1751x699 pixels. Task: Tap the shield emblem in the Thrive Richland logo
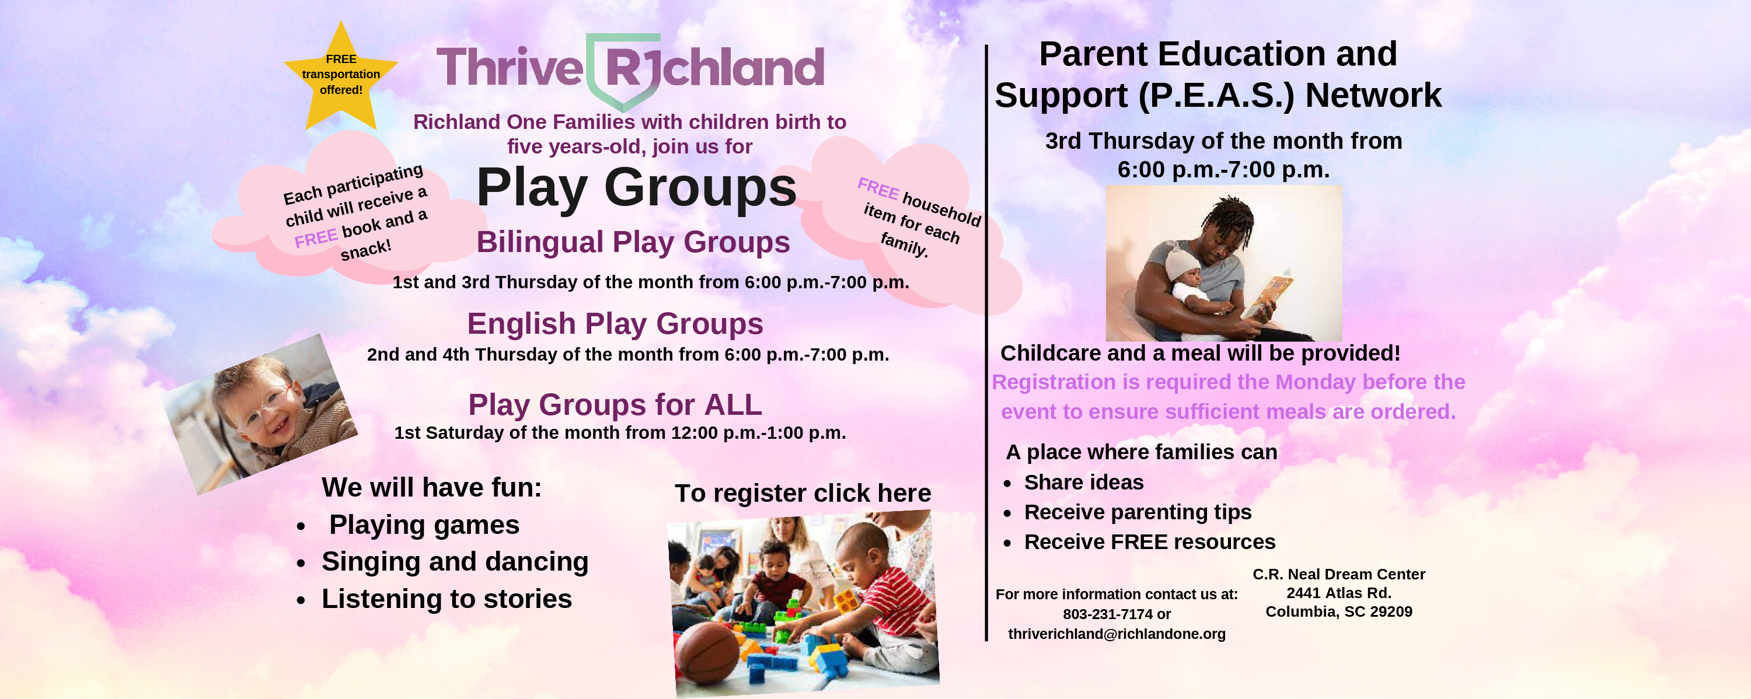click(623, 71)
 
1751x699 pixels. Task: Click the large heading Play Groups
click(636, 187)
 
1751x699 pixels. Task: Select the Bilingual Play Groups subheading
click(633, 242)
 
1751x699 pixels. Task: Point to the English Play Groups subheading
click(615, 324)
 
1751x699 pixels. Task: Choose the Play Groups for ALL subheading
click(615, 405)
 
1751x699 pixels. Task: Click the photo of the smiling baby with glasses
click(260, 414)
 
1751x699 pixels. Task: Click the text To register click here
click(803, 493)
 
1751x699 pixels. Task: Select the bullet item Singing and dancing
click(455, 562)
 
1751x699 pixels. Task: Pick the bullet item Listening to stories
click(447, 599)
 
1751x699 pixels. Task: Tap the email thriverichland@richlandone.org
click(1117, 634)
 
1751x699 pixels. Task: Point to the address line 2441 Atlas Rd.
click(1339, 593)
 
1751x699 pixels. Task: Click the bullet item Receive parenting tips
click(1138, 512)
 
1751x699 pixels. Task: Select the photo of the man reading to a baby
click(1224, 263)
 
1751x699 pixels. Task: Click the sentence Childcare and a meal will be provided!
click(1201, 353)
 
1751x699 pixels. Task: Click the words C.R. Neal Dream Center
click(1339, 574)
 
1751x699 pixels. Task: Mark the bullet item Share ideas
click(1083, 483)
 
